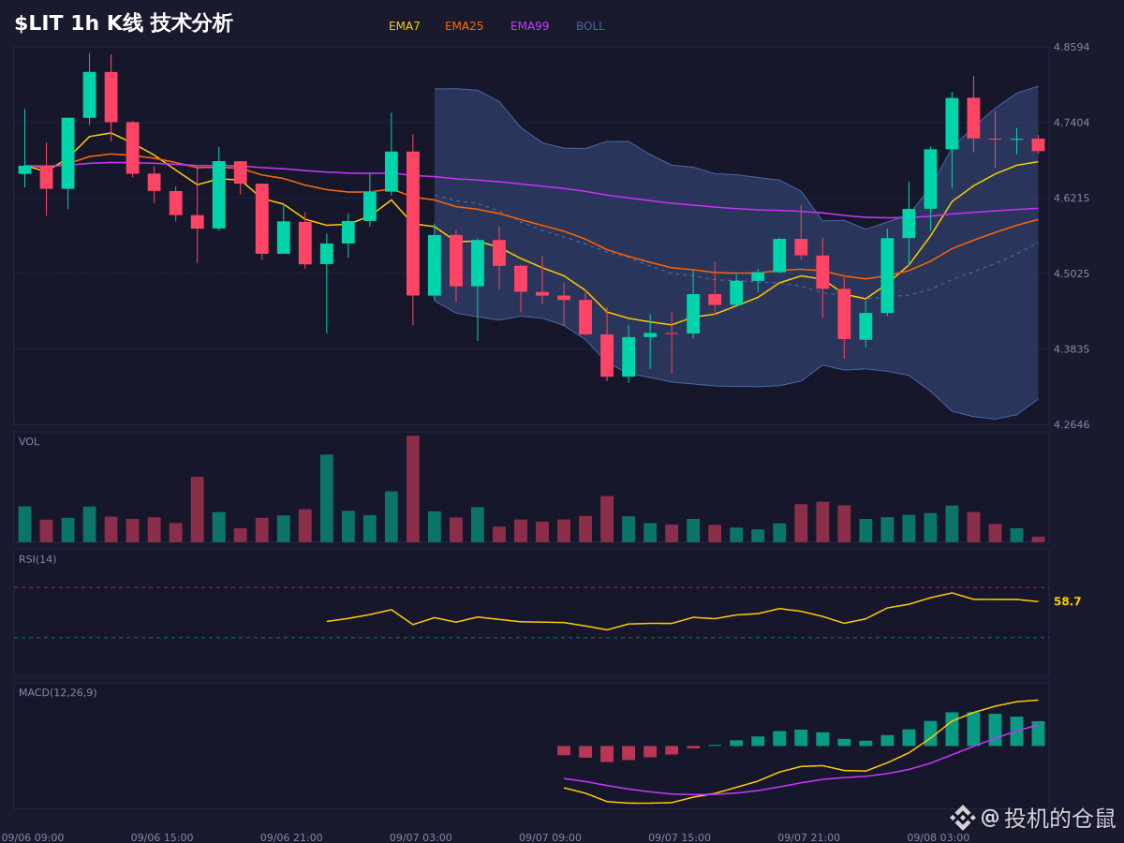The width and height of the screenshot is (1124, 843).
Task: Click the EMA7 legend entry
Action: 404,26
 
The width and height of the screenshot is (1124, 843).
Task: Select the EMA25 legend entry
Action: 464,26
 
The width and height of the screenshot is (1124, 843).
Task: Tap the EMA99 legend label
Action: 529,26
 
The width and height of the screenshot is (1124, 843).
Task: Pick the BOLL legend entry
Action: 590,26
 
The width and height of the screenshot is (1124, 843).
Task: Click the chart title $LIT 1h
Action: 56,23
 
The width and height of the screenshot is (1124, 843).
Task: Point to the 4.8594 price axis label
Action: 1072,47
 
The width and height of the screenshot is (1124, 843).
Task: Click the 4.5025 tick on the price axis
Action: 1072,274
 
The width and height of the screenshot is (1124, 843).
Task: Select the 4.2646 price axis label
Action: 1072,424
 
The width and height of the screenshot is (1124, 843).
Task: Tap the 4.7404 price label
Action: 1072,123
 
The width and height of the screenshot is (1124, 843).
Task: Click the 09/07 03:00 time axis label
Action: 421,837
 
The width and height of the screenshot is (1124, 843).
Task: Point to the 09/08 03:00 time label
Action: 939,837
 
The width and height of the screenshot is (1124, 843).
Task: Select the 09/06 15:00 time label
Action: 162,837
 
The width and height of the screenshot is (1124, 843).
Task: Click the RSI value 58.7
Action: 1067,601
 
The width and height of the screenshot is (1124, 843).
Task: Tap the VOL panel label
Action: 29,442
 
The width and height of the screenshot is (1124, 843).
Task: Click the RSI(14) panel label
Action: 37,559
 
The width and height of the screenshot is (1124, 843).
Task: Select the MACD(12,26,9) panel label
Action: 57,692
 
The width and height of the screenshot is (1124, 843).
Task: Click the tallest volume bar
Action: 413,489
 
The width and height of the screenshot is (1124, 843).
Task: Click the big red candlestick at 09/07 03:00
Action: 413,223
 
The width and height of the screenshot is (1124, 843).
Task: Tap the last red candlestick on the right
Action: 1038,145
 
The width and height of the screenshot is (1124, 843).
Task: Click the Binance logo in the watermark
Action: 963,818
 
